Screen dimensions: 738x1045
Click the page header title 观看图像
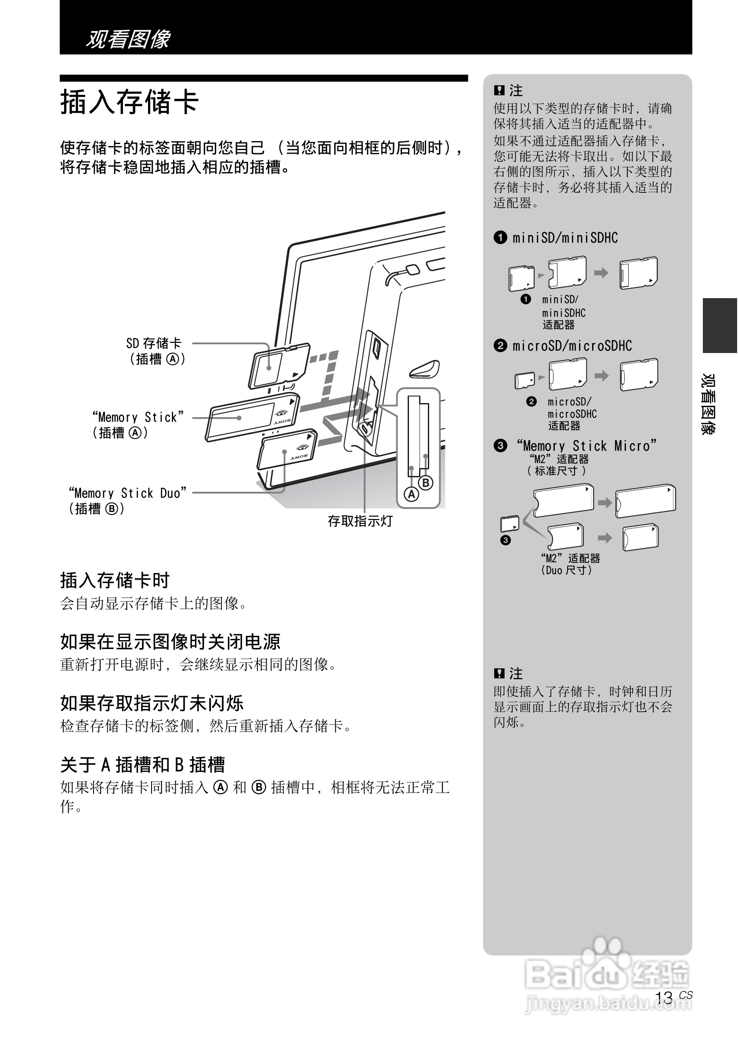[128, 39]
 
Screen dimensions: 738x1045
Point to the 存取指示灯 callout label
[360, 521]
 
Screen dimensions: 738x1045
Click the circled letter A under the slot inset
[412, 494]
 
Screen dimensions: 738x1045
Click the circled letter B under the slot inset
[426, 483]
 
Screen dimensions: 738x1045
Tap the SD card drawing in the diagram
[279, 365]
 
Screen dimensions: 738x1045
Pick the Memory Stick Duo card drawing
[287, 450]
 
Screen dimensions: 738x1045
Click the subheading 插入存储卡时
[115, 581]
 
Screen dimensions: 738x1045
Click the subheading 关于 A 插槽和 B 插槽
[142, 765]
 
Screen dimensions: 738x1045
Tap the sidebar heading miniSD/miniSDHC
[565, 238]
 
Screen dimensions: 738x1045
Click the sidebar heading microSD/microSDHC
[572, 346]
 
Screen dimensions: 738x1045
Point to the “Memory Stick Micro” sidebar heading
[586, 446]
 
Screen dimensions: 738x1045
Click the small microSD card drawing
[524, 380]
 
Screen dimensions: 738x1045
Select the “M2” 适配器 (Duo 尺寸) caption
[570, 564]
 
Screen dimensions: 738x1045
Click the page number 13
[664, 998]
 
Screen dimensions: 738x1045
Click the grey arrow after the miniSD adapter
[601, 273]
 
